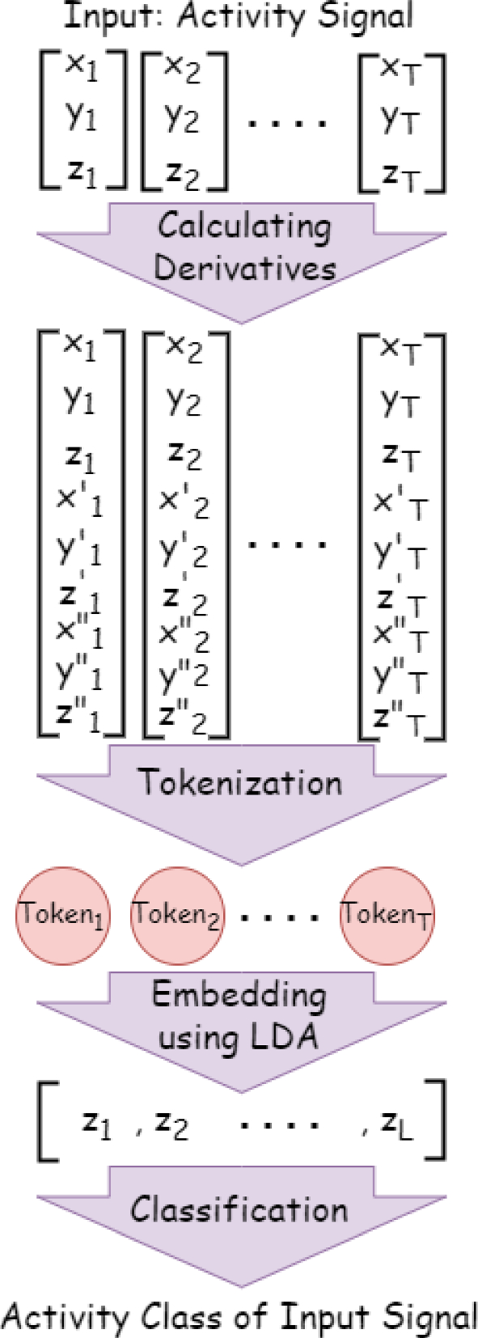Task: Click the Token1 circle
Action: coord(62,915)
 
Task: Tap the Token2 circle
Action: coord(176,915)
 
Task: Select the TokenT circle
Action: coord(387,915)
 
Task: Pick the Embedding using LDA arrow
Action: coord(241,1019)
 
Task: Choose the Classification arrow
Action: coord(241,1213)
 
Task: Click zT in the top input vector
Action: coord(400,174)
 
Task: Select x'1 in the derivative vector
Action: coord(79,502)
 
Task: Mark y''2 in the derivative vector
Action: coord(184,674)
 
